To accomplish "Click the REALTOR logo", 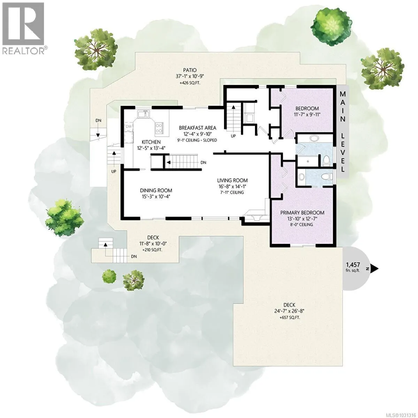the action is [24, 28].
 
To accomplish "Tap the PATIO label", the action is [190, 70].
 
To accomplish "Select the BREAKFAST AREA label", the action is [198, 128].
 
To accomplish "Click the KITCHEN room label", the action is [151, 142].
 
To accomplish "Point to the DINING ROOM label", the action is [156, 191].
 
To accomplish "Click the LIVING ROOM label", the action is [232, 180].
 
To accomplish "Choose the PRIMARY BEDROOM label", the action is [302, 213].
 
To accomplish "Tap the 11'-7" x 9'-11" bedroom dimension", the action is [307, 114].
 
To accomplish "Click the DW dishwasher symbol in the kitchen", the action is [129, 126].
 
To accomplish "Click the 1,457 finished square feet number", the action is [353, 265].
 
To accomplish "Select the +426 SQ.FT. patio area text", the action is [190, 83].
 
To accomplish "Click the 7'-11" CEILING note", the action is [232, 192].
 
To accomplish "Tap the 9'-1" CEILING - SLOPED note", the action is [197, 140].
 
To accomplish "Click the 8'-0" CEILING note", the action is [302, 225].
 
